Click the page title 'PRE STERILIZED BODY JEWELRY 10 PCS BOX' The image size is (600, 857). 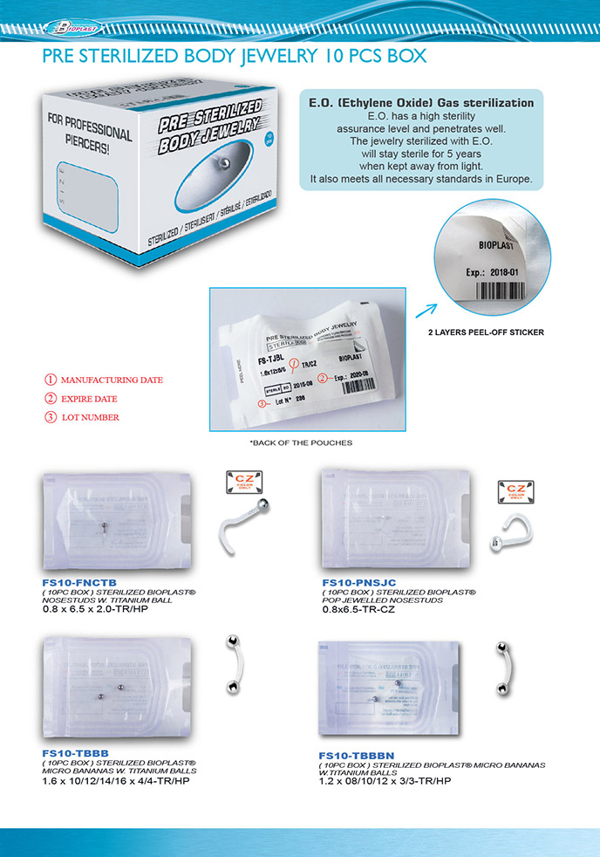click(x=234, y=58)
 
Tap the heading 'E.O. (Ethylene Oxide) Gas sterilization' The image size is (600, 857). click(x=422, y=102)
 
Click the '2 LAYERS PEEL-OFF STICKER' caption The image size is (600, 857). click(x=486, y=333)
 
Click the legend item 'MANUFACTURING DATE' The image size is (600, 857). click(x=112, y=381)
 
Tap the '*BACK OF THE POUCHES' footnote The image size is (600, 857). click(x=301, y=442)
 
